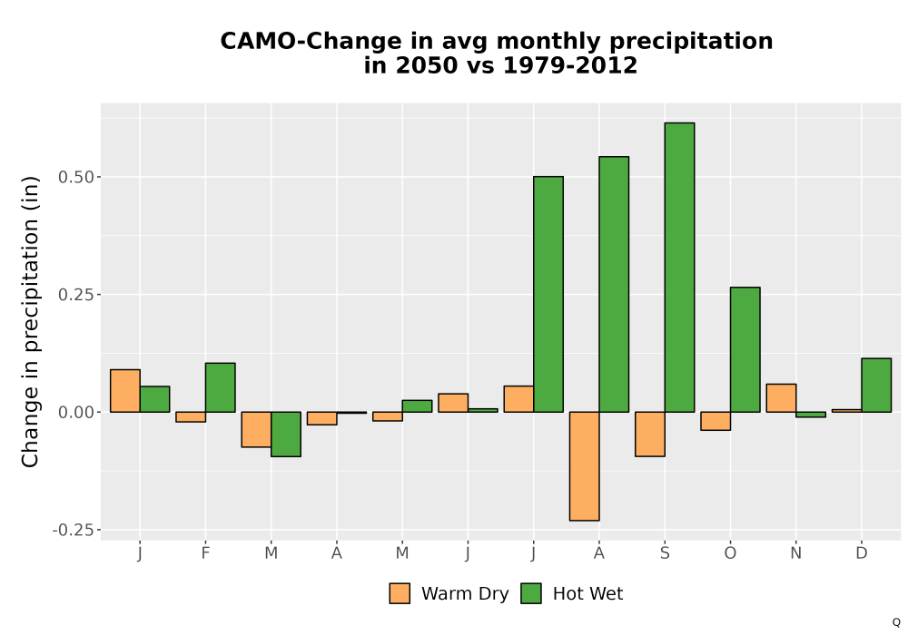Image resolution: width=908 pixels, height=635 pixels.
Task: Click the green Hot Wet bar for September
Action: click(x=679, y=268)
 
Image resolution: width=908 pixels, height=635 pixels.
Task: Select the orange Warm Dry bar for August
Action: click(x=584, y=466)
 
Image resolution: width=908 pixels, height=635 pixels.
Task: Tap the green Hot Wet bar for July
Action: click(x=548, y=294)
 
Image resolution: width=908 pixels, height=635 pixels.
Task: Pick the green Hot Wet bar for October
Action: click(x=745, y=349)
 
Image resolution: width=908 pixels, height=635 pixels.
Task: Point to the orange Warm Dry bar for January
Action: click(x=125, y=390)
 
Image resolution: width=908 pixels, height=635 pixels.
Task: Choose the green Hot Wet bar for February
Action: click(x=220, y=387)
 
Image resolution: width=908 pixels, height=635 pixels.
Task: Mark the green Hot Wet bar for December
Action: click(x=876, y=386)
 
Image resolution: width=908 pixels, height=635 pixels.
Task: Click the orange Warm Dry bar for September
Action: click(x=650, y=434)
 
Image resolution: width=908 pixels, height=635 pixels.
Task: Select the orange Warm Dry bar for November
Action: click(x=781, y=398)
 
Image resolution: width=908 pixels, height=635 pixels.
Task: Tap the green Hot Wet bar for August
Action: click(x=614, y=284)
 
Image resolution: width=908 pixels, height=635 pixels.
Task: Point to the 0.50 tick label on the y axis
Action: click(x=76, y=177)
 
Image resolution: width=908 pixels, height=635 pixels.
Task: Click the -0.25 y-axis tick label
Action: click(x=73, y=531)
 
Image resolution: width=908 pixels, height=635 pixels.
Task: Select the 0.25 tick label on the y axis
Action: click(x=76, y=295)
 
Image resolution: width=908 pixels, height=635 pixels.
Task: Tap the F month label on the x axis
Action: click(x=205, y=553)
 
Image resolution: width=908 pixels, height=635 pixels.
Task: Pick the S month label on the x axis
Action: click(x=665, y=553)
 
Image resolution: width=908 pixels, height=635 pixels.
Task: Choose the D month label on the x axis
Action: click(x=862, y=553)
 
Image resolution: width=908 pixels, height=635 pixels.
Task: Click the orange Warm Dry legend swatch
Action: click(x=400, y=593)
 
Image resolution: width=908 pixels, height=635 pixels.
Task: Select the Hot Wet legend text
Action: click(x=587, y=594)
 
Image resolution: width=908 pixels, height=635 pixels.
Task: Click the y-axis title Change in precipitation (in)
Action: click(x=30, y=321)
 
